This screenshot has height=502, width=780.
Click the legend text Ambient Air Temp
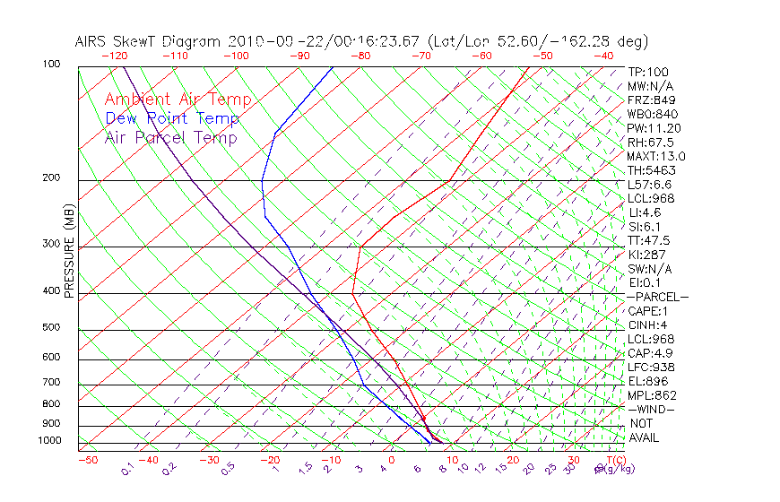tap(178, 100)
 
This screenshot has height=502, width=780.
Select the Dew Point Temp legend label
tap(172, 119)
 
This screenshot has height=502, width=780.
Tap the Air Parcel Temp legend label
tap(170, 138)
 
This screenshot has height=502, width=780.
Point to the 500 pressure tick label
tap(51, 327)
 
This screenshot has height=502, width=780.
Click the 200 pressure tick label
tap(51, 177)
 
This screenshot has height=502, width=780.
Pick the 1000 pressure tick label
tap(48, 440)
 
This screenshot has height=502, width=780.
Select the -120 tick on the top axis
tap(114, 55)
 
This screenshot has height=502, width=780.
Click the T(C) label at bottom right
tap(614, 460)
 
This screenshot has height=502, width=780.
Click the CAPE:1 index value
tap(648, 311)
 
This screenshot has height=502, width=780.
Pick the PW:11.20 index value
tap(654, 128)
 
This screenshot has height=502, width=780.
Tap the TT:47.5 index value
tap(649, 240)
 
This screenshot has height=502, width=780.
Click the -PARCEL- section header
tap(657, 297)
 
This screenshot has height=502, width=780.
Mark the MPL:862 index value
tap(652, 395)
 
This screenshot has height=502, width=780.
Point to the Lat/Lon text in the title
tap(458, 41)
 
